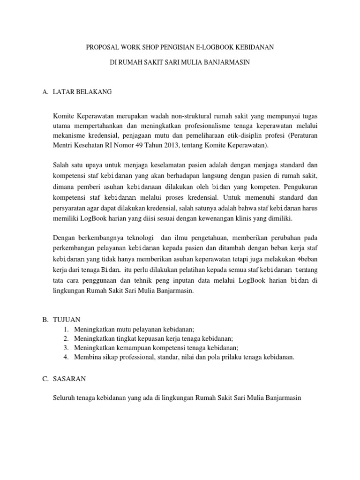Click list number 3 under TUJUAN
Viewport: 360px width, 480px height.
coord(67,347)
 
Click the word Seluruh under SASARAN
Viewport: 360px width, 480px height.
coord(65,398)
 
